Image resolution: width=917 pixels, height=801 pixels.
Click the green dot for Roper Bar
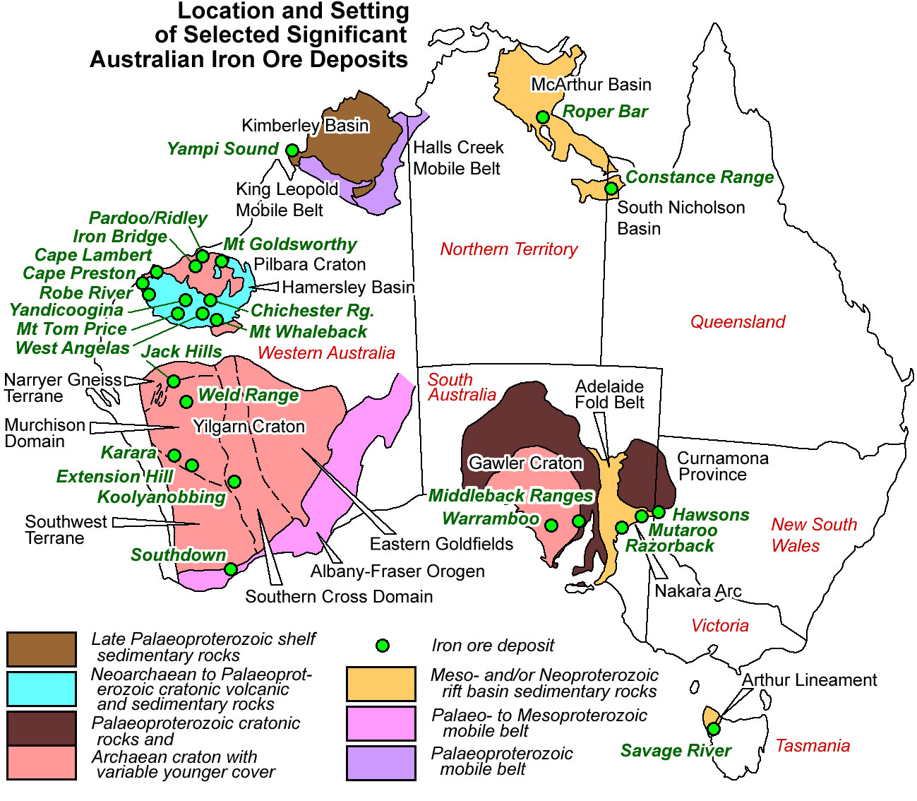coord(542,117)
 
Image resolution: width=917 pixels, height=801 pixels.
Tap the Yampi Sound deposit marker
coord(292,150)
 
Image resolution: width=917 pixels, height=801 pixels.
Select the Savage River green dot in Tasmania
coord(714,728)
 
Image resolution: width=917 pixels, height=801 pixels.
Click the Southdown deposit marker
coord(230,569)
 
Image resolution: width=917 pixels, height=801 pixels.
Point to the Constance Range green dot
coord(611,189)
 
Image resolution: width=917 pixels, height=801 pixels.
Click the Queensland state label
coord(737,322)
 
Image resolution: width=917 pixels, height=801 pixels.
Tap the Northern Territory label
coord(508,249)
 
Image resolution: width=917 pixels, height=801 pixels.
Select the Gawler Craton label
coord(525,463)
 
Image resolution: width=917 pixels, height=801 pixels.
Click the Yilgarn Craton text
coord(248,427)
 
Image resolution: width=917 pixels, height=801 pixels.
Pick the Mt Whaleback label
coord(308,331)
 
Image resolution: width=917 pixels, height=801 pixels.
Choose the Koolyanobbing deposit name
coord(161,497)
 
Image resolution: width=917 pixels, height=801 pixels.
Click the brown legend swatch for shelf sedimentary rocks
coord(42,649)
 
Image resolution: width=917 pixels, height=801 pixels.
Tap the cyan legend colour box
coord(42,689)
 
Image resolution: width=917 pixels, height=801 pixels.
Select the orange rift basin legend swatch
coord(380,683)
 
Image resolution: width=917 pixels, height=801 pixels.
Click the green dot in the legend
coord(382,646)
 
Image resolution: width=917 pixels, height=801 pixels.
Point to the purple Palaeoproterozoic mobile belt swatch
coord(380,763)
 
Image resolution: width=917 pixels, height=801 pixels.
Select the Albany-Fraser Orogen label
coord(397,571)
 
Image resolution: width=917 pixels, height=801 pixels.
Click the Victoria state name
coord(719,626)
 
